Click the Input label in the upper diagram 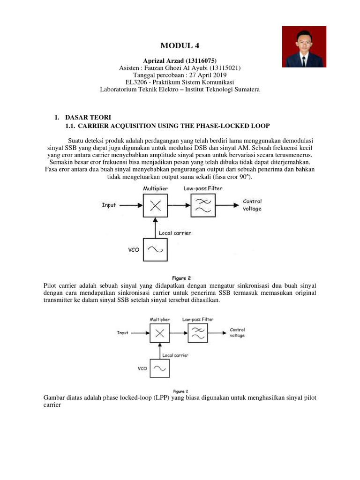tap(109, 205)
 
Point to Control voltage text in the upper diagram tap(252, 205)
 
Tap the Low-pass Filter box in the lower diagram tap(197, 333)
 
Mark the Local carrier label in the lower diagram tap(175, 355)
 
